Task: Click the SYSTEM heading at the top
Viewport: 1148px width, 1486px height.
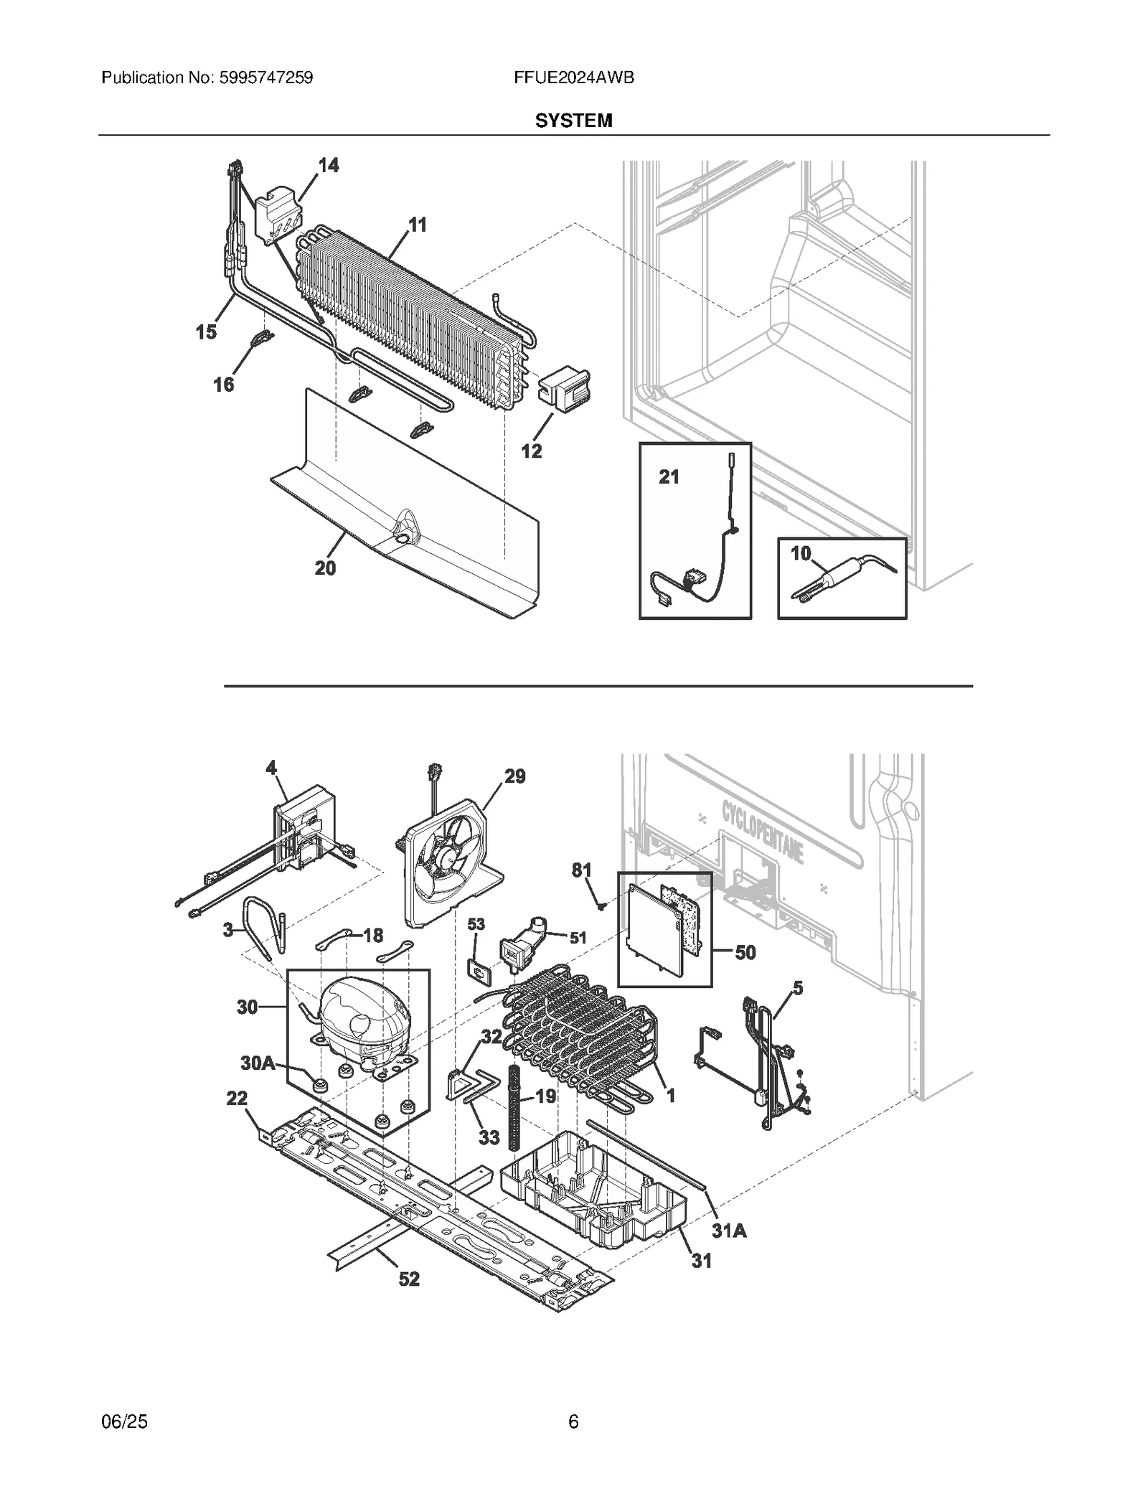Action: pyautogui.click(x=573, y=121)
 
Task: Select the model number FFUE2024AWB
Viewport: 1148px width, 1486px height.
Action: pyautogui.click(x=573, y=77)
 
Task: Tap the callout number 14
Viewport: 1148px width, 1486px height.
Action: pyautogui.click(x=329, y=166)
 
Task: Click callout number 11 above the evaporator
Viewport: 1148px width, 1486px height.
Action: pyautogui.click(x=417, y=225)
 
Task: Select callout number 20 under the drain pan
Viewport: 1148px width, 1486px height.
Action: pyautogui.click(x=325, y=568)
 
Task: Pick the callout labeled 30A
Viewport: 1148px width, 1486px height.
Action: pyautogui.click(x=258, y=1063)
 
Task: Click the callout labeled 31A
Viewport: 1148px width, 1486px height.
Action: pyautogui.click(x=729, y=1231)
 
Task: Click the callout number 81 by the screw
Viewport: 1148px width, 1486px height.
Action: pyautogui.click(x=581, y=870)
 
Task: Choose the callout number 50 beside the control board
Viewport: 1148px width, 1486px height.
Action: pyautogui.click(x=745, y=952)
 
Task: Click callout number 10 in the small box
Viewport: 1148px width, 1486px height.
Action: pyautogui.click(x=801, y=553)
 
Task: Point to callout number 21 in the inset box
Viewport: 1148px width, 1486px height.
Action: pyautogui.click(x=669, y=476)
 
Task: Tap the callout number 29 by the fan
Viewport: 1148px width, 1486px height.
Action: pyautogui.click(x=514, y=776)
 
